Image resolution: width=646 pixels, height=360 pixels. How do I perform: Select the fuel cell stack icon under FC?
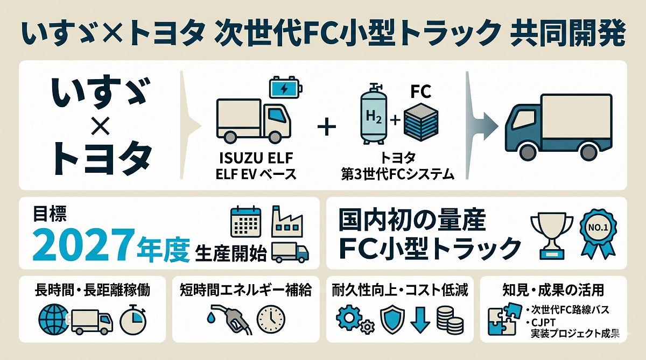click(x=421, y=120)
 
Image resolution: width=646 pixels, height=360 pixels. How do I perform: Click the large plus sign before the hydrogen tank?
click(x=327, y=128)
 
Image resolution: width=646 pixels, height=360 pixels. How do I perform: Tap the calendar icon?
click(x=245, y=221)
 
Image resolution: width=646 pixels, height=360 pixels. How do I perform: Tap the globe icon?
click(x=53, y=321)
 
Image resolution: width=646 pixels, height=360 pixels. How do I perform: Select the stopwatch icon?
click(x=132, y=321)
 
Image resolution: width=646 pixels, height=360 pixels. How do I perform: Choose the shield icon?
click(x=392, y=320)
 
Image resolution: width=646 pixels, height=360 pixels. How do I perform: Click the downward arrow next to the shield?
click(x=419, y=320)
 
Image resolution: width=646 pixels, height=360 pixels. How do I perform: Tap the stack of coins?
click(x=449, y=321)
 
